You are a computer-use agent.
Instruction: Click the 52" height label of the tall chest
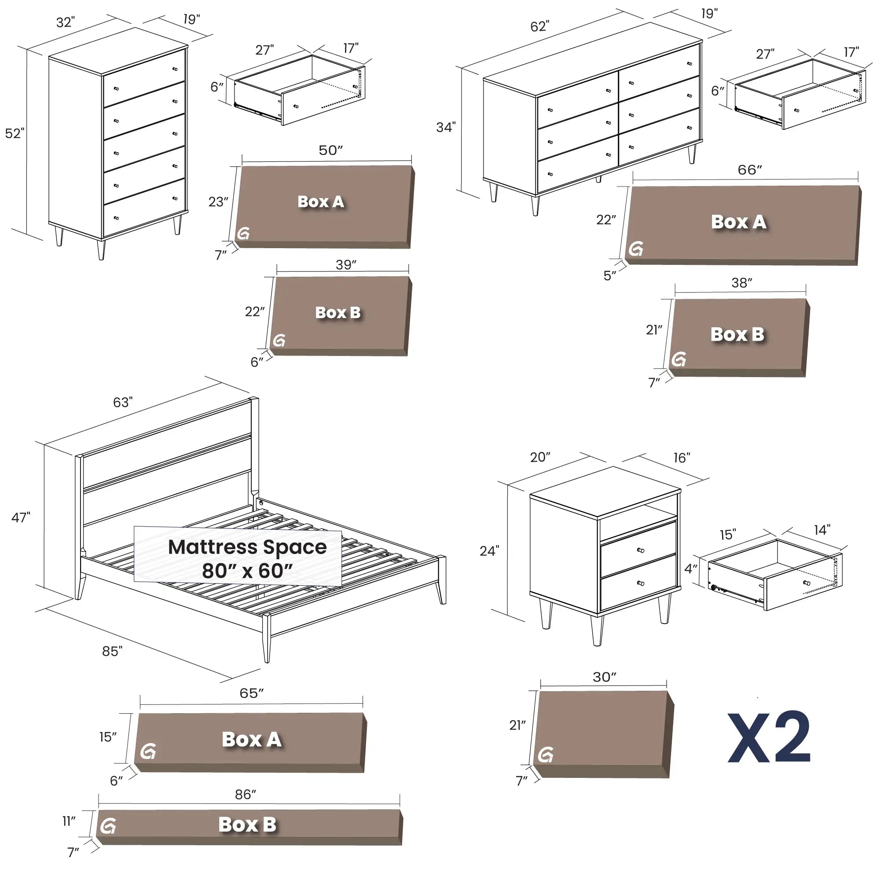pos(15,133)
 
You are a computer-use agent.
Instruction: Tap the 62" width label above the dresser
pos(540,26)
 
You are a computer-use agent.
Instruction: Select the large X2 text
pos(769,737)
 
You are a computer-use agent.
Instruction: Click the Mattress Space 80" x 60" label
pos(247,558)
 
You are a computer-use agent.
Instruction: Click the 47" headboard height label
pos(21,517)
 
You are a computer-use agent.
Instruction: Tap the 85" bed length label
pos(112,651)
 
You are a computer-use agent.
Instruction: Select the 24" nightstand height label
pos(489,551)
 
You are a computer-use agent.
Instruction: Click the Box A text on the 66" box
pos(738,222)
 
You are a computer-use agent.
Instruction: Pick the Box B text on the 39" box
pos(338,313)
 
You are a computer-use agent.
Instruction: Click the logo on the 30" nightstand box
pos(546,755)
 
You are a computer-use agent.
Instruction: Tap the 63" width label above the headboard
pos(123,402)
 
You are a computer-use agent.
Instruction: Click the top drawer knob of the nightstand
pos(640,550)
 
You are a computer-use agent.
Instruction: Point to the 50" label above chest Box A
pos(331,150)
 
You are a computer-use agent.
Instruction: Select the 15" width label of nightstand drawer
pos(728,534)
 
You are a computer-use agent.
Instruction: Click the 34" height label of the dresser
pos(446,127)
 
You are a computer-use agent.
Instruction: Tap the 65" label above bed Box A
pos(251,693)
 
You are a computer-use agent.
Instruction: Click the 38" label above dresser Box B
pos(742,283)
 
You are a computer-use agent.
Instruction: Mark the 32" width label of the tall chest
pos(66,22)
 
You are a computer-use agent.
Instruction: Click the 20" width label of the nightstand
pos(540,457)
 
